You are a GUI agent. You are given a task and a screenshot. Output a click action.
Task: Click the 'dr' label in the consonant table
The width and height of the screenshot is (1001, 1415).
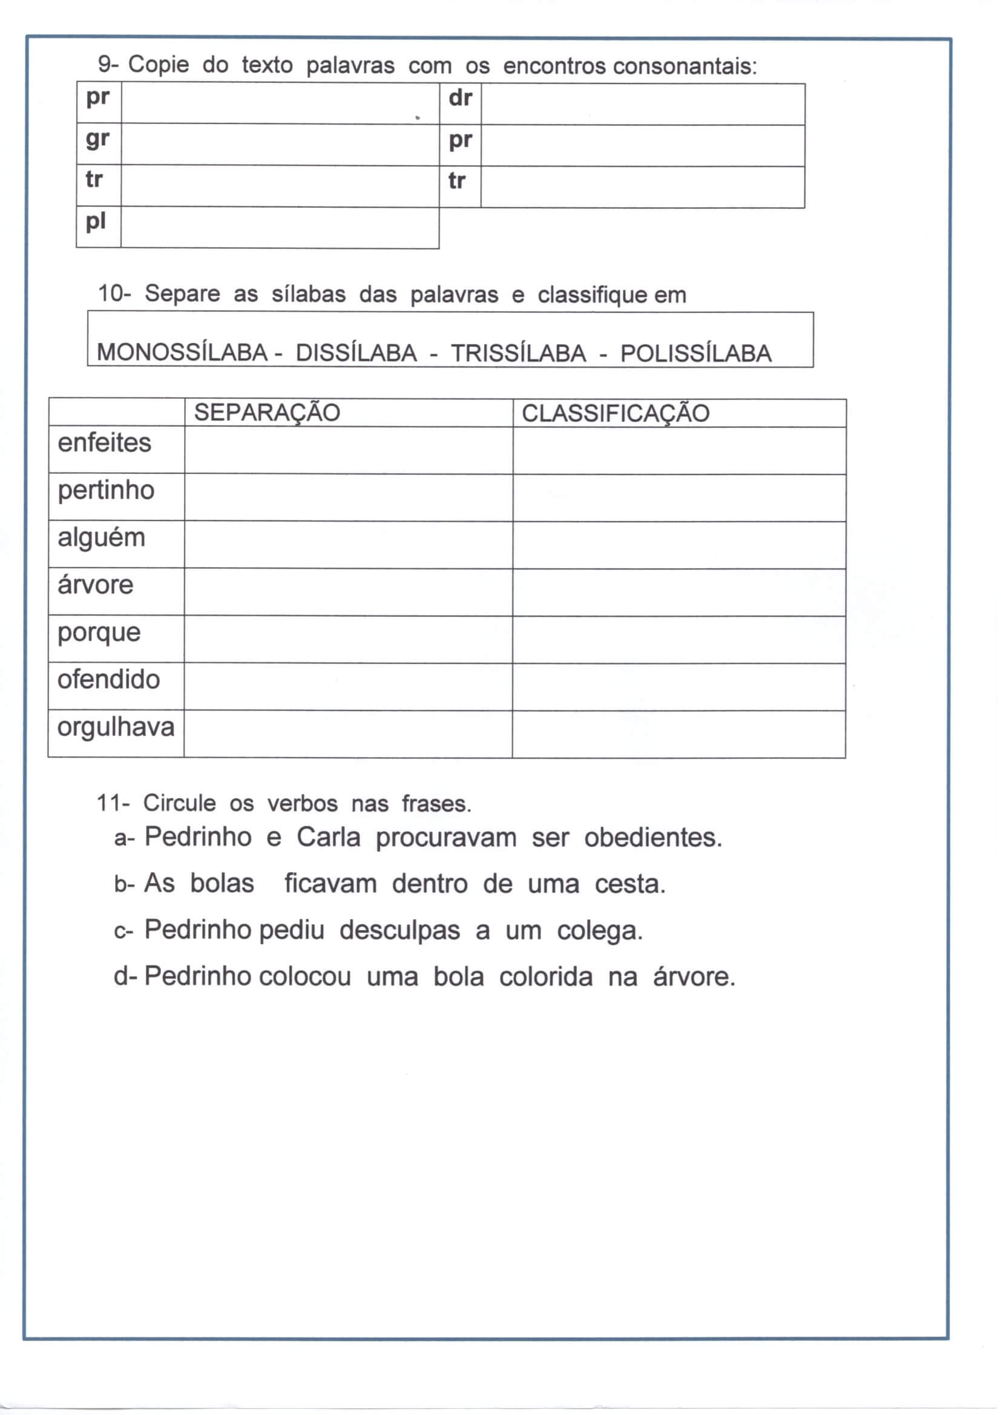click(x=460, y=98)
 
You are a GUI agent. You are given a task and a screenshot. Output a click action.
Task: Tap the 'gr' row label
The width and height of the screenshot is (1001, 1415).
click(x=97, y=139)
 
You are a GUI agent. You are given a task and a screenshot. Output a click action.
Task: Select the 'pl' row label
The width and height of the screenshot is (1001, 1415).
click(x=96, y=221)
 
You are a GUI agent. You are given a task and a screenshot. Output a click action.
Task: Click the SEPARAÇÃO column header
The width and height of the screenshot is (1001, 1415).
click(x=267, y=412)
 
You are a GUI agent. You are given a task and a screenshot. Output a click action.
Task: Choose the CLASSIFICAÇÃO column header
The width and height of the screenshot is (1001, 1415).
click(x=615, y=413)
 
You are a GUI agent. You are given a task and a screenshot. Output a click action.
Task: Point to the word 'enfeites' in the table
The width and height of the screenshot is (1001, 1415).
click(x=104, y=443)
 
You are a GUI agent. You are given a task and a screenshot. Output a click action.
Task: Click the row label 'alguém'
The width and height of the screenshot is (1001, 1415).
click(x=101, y=538)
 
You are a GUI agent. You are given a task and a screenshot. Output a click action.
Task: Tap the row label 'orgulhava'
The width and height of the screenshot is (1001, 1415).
click(x=116, y=727)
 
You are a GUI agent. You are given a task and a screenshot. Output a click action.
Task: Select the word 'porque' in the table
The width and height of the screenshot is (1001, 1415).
click(x=99, y=633)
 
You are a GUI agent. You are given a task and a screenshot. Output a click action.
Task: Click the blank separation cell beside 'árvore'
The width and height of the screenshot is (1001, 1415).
click(x=348, y=592)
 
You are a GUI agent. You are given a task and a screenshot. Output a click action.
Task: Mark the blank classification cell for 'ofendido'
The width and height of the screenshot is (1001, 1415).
click(x=678, y=686)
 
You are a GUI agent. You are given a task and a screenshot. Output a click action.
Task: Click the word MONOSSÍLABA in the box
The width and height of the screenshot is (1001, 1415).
click(x=182, y=352)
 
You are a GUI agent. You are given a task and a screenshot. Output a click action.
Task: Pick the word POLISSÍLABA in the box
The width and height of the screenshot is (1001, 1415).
click(x=695, y=353)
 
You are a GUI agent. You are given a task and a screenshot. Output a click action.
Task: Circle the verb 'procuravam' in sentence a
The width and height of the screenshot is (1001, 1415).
click(x=445, y=838)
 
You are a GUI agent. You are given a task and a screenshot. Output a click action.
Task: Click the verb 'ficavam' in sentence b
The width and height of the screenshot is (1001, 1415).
click(x=330, y=884)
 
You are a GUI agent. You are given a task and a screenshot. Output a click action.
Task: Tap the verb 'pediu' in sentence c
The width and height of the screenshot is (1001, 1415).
click(x=292, y=930)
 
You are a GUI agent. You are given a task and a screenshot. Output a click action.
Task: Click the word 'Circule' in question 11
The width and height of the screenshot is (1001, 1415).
click(x=179, y=803)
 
